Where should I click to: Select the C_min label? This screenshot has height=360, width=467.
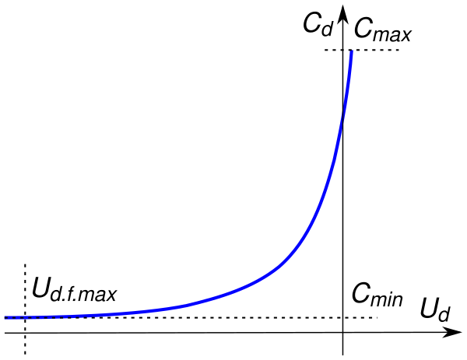[x=377, y=293]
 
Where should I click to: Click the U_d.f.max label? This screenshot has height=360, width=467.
[x=75, y=292]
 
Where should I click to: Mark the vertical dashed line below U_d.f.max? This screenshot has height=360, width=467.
[x=26, y=342]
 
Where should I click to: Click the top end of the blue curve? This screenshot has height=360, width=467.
[x=351, y=52]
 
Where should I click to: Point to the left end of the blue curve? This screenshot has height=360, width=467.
[x=5, y=317]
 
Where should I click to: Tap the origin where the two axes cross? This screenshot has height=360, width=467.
[x=342, y=332]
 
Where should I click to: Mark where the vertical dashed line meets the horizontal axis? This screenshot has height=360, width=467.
[x=26, y=333]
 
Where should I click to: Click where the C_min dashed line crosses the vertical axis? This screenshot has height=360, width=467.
[x=342, y=317]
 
